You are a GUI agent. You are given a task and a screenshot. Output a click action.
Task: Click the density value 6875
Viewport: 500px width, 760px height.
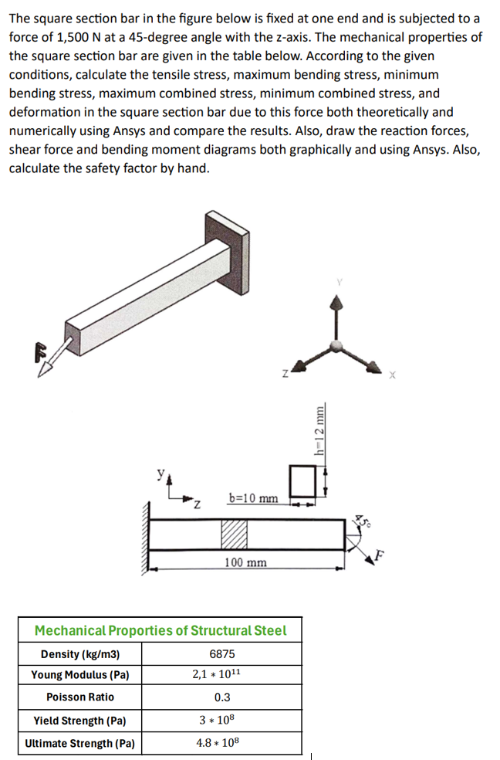(221, 653)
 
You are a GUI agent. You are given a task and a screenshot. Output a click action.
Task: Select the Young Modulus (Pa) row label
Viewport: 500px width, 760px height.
(80, 675)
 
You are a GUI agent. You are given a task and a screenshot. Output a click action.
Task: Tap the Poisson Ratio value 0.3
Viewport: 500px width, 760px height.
(221, 697)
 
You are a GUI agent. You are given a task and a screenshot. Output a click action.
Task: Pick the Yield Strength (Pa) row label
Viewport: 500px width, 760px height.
(80, 721)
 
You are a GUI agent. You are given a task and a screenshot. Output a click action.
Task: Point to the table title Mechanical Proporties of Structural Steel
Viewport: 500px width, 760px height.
(160, 630)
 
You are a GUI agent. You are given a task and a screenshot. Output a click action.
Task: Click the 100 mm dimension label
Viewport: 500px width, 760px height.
(245, 562)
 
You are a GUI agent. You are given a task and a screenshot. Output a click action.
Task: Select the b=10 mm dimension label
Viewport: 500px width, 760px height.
(254, 498)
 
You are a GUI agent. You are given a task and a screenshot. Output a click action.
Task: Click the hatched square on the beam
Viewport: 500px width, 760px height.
(235, 534)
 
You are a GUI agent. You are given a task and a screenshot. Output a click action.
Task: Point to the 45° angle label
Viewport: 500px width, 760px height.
(362, 522)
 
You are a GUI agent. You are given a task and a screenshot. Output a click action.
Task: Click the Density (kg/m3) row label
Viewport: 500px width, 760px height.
(80, 653)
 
